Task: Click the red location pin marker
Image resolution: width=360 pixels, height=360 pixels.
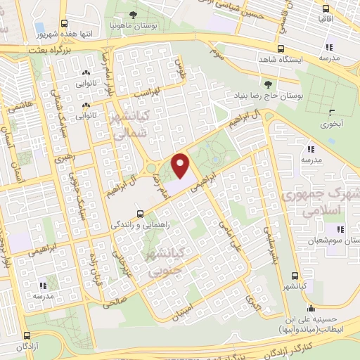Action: click(181, 166)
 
